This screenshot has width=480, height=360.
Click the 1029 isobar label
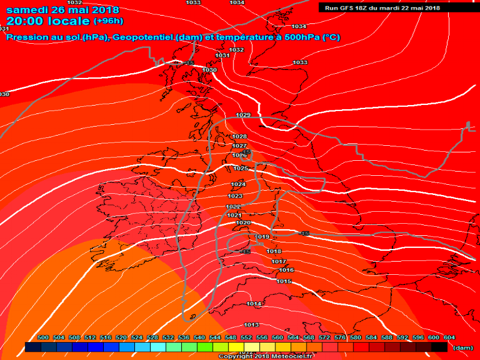243,115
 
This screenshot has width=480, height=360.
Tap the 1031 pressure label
223,55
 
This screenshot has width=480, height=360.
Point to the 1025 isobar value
241,169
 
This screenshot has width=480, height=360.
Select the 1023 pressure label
235,196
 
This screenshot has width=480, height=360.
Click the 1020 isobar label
243,223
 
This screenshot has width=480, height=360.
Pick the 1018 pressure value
274,251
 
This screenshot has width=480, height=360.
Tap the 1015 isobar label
284,281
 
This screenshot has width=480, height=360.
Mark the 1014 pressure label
254,304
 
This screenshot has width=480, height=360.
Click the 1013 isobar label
251,325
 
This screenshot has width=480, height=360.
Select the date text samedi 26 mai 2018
62,10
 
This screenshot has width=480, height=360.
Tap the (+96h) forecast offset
109,22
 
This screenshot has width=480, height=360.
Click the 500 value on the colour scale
43,338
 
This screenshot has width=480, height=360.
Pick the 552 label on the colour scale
246,338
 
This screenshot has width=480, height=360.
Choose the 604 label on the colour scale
449,338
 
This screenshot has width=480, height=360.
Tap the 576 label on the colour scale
340,338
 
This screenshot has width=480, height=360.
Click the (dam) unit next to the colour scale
463,347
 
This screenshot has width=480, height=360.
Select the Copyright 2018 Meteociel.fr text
266,356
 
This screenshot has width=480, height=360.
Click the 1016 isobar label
286,270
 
